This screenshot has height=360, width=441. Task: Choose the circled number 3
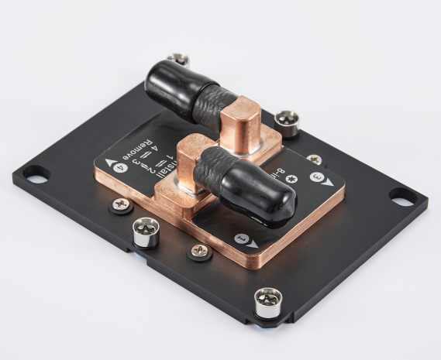(316, 177)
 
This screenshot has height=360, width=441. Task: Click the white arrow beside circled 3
(329, 182)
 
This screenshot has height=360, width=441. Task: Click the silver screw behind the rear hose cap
(178, 59)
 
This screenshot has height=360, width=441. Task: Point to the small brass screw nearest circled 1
(199, 250)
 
